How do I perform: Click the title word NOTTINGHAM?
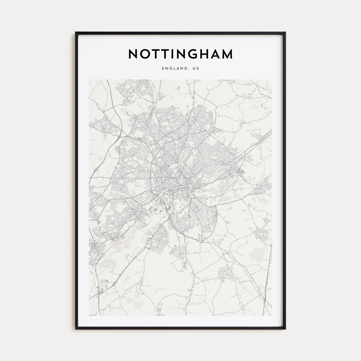[x=180, y=54]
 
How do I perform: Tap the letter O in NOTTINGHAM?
[x=146, y=54]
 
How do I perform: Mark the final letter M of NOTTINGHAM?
[x=228, y=54]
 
